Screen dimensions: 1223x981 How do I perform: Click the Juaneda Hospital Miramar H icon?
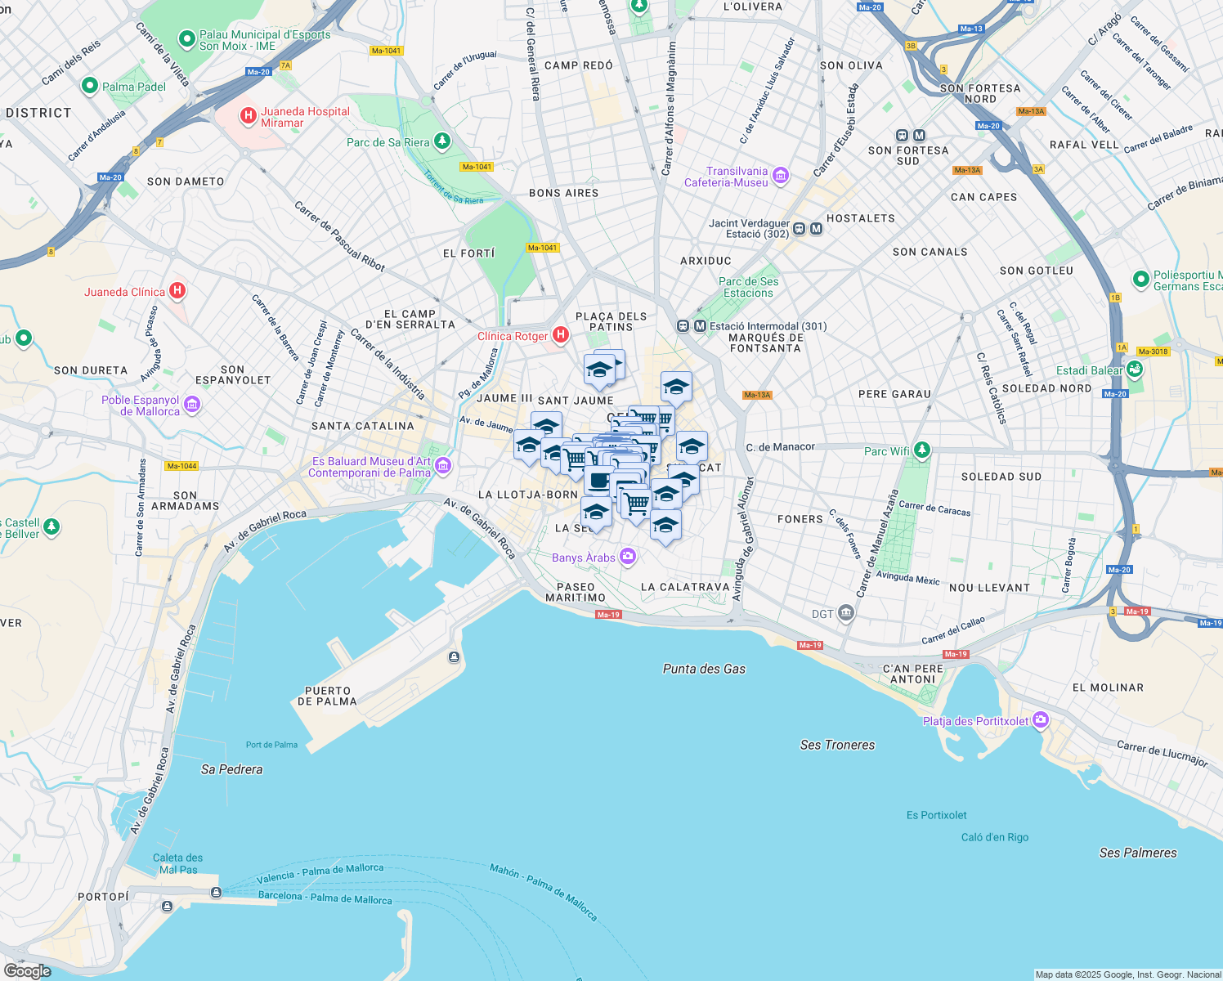click(248, 116)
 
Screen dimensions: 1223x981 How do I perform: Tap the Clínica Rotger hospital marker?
click(561, 334)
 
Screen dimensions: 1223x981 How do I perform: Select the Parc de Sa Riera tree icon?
click(442, 141)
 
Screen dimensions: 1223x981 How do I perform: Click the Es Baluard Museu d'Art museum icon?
click(443, 466)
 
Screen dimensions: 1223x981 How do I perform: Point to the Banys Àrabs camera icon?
click(628, 557)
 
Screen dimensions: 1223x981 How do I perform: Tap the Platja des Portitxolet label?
click(975, 721)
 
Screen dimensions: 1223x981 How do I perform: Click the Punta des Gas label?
click(704, 669)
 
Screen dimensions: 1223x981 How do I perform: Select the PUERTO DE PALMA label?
click(327, 696)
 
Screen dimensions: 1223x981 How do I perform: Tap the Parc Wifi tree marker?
click(922, 450)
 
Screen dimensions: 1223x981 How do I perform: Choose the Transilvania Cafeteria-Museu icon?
click(780, 175)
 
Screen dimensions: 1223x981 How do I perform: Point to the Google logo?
click(27, 970)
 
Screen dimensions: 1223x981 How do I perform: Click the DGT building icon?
click(846, 613)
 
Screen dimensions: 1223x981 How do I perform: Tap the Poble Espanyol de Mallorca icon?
click(192, 405)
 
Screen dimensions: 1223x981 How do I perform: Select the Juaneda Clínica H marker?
click(177, 291)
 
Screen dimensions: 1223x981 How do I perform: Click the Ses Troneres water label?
click(837, 745)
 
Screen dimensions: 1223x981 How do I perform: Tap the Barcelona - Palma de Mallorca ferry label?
click(325, 897)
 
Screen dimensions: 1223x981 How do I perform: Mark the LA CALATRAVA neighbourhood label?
click(685, 587)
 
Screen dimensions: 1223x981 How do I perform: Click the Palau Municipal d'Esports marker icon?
click(187, 38)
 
